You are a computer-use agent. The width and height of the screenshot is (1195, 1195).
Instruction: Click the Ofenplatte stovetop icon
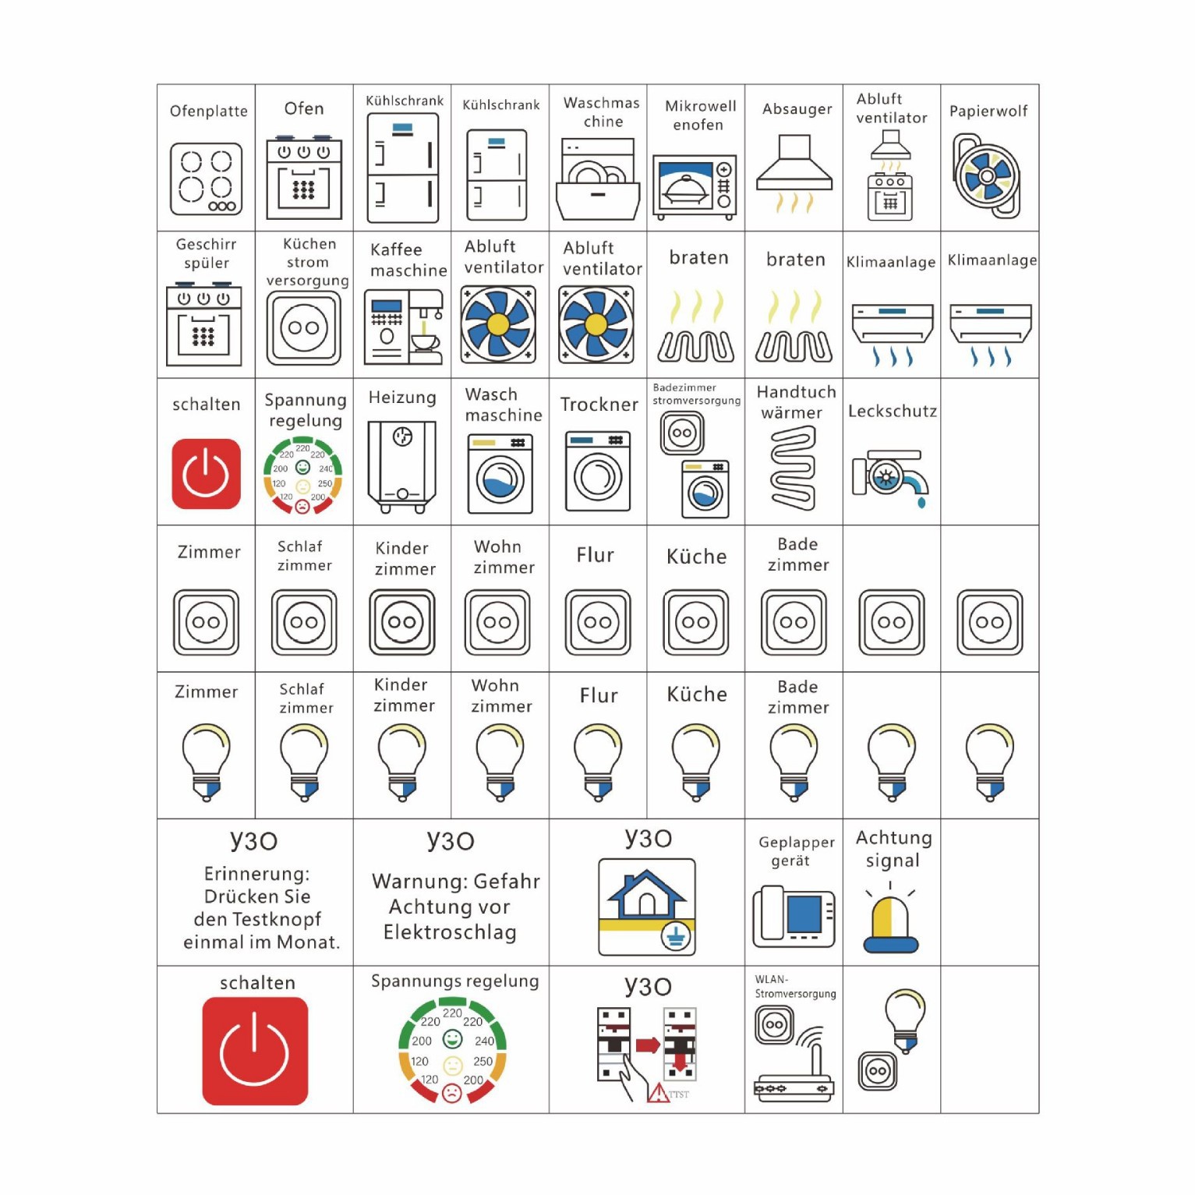206,179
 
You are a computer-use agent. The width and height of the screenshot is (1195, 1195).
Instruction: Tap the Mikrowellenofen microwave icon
695,187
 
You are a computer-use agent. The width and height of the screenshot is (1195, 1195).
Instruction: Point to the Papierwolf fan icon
986,177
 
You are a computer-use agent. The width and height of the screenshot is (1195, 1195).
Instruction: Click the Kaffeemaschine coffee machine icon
403,327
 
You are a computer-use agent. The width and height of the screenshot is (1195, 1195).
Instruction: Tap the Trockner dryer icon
598,471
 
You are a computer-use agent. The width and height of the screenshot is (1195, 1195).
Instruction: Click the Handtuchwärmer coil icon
794,468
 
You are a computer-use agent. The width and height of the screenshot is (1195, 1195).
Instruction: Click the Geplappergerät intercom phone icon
794,917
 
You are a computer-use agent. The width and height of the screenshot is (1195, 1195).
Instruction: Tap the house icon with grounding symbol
647,907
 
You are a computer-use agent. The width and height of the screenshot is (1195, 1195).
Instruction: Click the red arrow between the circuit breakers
648,1045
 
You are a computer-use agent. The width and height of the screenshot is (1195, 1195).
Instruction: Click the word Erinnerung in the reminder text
256,874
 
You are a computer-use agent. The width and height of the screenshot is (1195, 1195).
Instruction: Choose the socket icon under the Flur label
598,622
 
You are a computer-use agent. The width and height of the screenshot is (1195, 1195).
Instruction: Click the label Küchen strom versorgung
307,262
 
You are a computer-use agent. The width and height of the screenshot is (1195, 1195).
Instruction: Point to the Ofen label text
304,108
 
